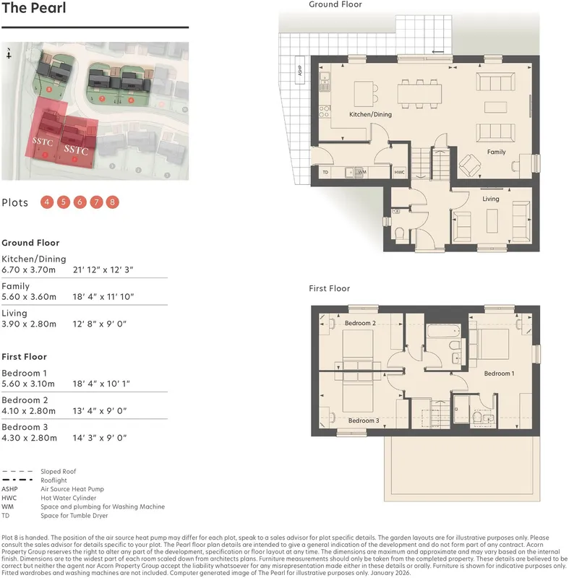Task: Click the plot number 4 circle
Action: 47,202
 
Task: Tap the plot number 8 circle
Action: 113,202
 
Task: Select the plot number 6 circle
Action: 80,202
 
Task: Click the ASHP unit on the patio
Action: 300,69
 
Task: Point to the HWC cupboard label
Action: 399,172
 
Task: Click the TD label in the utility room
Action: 325,172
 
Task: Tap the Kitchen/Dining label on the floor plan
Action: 370,115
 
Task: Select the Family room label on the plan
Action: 496,152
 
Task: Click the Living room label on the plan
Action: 490,199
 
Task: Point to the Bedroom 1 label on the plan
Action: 499,374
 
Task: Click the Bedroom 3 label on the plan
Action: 364,420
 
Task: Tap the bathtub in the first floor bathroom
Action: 444,331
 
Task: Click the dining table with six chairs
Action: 419,94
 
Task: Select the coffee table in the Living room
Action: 492,221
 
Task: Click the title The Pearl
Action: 33,8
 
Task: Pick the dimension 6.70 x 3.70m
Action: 29,269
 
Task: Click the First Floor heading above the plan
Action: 329,288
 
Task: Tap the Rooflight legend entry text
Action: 54,480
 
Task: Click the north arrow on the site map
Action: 9,53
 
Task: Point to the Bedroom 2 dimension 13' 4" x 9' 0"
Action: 100,410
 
